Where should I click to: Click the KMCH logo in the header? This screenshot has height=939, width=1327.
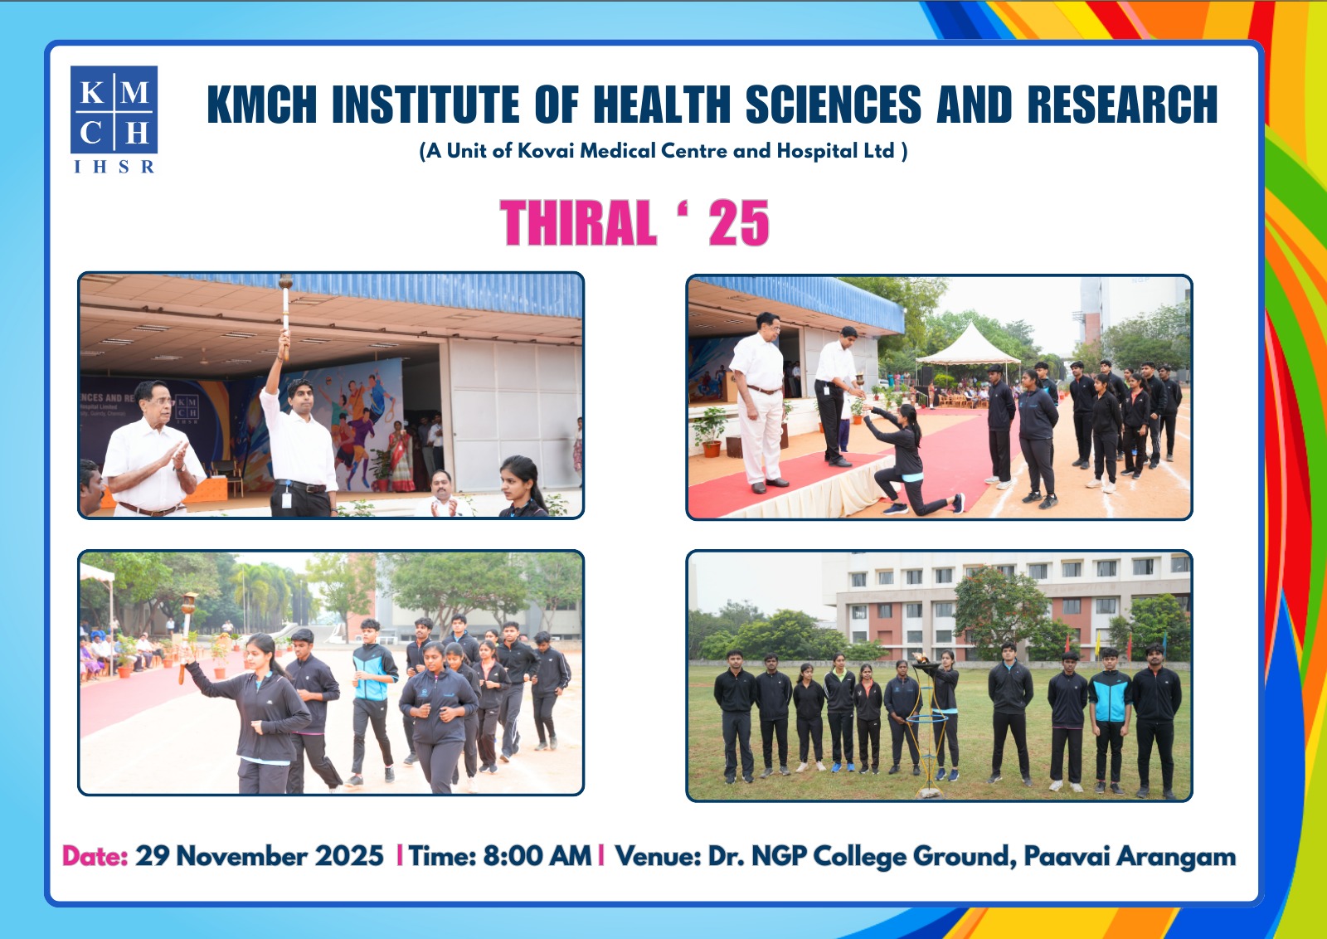[x=114, y=119]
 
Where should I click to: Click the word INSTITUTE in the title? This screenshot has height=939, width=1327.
[x=425, y=105]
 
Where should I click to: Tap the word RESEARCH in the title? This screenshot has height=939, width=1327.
[x=1122, y=105]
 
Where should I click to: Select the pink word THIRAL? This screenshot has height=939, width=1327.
[x=578, y=222]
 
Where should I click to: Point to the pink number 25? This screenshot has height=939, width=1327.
[x=739, y=222]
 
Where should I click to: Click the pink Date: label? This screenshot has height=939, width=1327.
[x=95, y=856]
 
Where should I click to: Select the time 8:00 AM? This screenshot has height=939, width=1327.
[x=537, y=856]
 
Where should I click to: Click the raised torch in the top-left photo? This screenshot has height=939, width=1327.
[x=285, y=317]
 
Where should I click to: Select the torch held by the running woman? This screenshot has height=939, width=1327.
[x=187, y=637]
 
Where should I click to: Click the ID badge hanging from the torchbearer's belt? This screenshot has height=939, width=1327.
[x=287, y=499]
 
